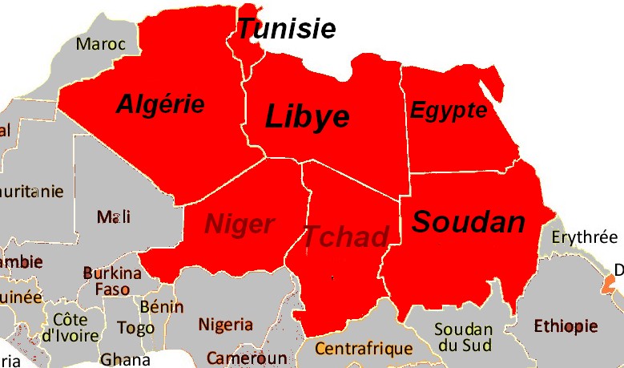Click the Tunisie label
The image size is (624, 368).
click(x=286, y=29)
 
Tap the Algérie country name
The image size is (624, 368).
click(x=160, y=103)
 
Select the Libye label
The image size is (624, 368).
click(x=308, y=117)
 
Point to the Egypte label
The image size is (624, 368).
click(x=449, y=110)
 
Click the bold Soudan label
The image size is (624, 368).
click(x=469, y=222)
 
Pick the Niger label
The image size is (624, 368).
click(x=240, y=224)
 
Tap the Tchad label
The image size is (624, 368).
click(x=345, y=237)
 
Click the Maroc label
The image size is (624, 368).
click(x=101, y=43)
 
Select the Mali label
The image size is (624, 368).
click(x=113, y=216)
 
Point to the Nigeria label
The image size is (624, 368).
click(x=226, y=325)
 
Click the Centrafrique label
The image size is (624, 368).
click(x=364, y=349)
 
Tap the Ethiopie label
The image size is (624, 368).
click(x=566, y=326)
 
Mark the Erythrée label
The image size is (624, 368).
click(x=585, y=237)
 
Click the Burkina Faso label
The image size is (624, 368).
click(x=112, y=281)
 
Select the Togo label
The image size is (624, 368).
click(x=135, y=328)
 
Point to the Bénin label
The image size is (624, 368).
click(x=161, y=306)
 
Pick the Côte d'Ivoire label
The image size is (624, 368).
click(x=70, y=327)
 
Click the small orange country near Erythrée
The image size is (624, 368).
click(x=610, y=284)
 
